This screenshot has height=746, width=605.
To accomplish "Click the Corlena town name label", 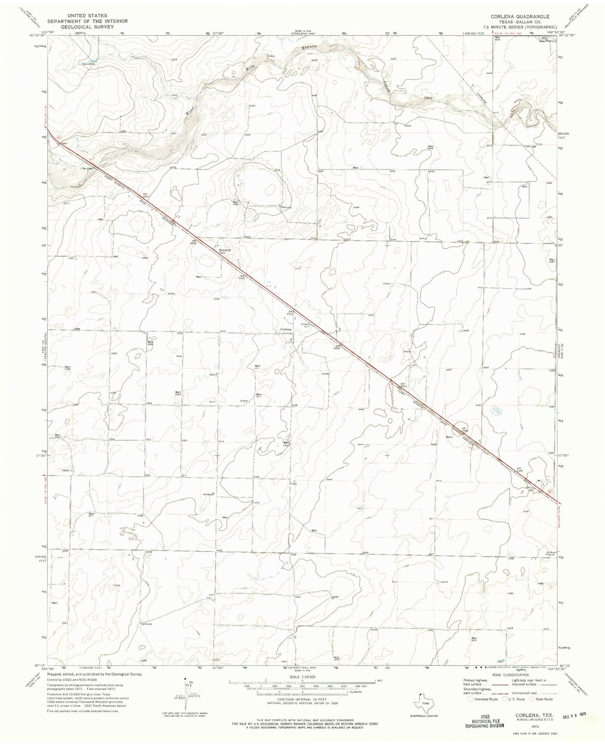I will click(x=286, y=329).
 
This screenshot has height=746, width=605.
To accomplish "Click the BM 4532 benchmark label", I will click(x=242, y=277).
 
